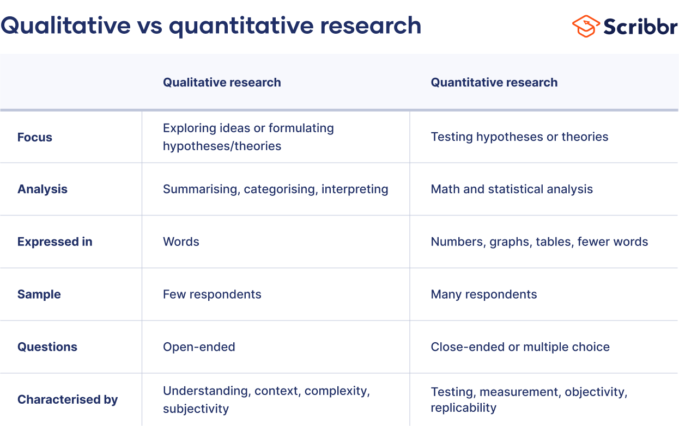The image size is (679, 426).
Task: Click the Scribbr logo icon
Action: pos(585,26)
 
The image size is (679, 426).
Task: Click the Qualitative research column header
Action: pos(222,83)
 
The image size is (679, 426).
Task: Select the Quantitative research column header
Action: pos(494,83)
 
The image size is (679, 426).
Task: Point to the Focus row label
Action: pos(35,137)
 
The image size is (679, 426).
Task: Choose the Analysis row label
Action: pos(43,189)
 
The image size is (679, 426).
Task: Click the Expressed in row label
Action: pos(54,242)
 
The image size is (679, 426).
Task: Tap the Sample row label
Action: pos(39,294)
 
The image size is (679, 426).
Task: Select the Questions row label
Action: pos(47,347)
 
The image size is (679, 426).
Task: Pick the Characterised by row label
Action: pos(68,400)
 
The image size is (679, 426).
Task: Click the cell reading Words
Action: pos(181,242)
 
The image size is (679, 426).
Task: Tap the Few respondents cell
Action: pos(212,294)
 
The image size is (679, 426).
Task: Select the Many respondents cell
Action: pos(484,294)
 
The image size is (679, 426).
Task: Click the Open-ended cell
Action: pos(199,347)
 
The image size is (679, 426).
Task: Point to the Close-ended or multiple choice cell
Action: pos(520,347)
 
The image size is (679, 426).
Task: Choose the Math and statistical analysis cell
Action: pos(512,189)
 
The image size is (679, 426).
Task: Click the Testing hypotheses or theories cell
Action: pos(519,137)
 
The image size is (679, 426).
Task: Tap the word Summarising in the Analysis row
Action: pos(201,189)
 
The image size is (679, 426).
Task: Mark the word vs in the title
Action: pos(150,26)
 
